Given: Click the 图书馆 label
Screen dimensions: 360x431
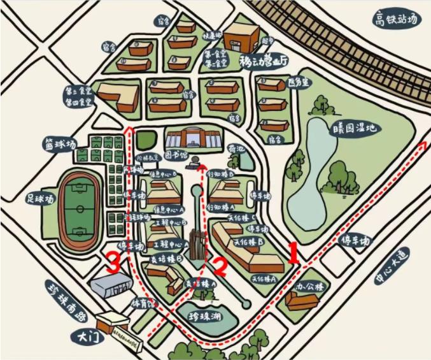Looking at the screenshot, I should point(178,154).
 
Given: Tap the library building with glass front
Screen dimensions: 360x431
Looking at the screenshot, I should point(192,138).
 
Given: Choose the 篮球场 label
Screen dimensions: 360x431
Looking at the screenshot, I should point(60,143).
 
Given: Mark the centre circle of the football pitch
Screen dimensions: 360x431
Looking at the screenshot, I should point(80,208).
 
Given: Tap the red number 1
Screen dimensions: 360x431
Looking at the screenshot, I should point(293,253).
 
